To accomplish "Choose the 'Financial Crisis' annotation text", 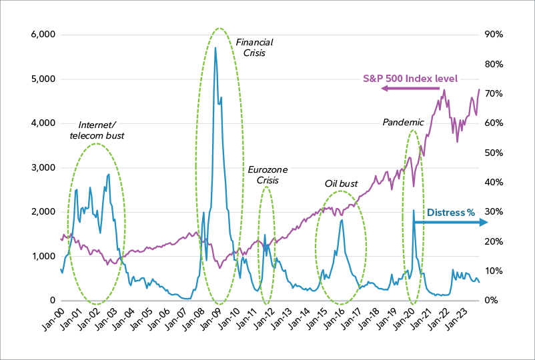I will click(x=254, y=47).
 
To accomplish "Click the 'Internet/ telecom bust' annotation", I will click(x=97, y=130).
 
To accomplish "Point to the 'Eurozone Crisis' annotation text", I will click(x=267, y=175).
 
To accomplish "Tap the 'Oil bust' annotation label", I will click(x=342, y=183).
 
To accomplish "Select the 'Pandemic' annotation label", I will click(x=403, y=123).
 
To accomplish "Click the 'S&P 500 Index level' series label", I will click(x=410, y=79).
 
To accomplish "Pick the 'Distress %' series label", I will click(x=451, y=213).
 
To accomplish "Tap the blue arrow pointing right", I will click(x=454, y=223).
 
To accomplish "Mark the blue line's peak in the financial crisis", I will click(x=215, y=47).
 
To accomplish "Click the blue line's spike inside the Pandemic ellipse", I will click(x=414, y=211).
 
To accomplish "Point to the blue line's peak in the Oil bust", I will click(x=342, y=220).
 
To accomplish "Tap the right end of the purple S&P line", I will click(x=479, y=89).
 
